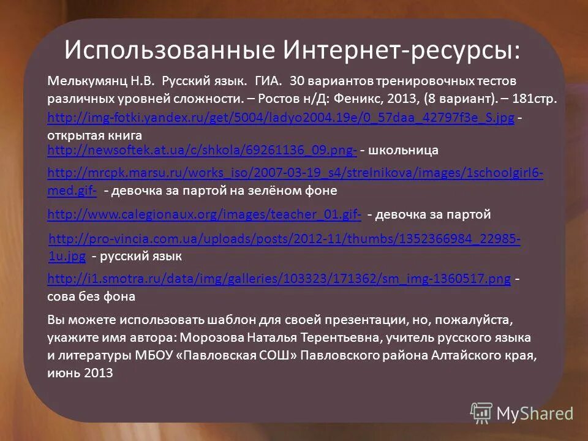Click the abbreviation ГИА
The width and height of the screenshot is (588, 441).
[x=268, y=81]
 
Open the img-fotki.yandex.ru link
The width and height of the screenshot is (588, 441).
[x=281, y=118]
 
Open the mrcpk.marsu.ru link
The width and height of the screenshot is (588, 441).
[x=295, y=173]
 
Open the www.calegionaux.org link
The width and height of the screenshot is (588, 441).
[x=204, y=214]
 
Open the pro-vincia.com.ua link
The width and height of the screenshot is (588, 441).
[x=284, y=238]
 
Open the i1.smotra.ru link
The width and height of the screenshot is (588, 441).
[x=279, y=279]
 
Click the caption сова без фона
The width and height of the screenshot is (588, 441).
[x=91, y=296]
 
